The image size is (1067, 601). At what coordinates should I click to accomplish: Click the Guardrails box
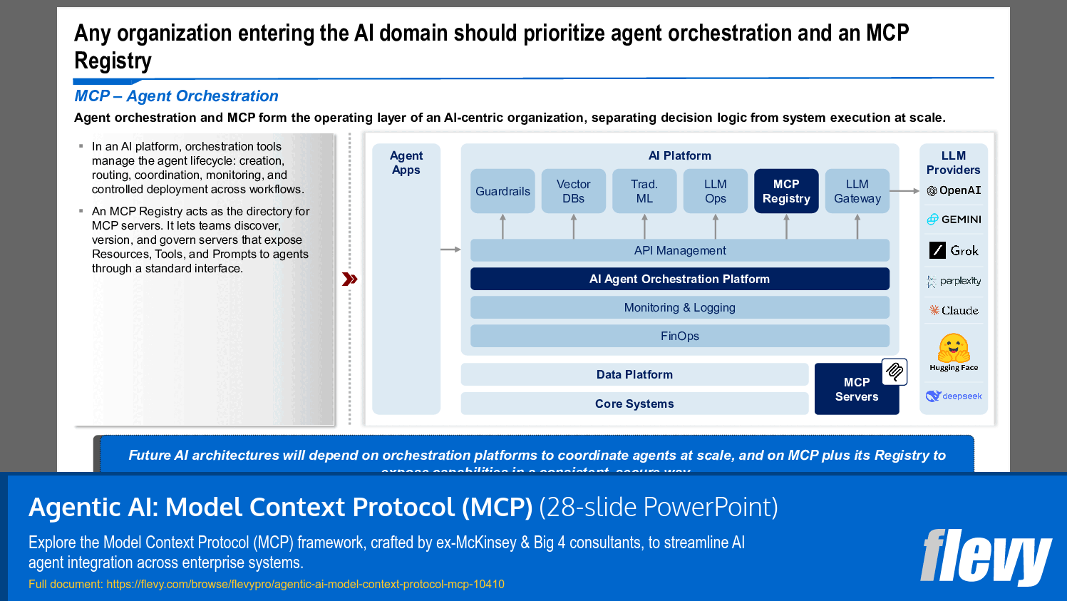502,191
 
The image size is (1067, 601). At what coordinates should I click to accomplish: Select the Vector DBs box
573,191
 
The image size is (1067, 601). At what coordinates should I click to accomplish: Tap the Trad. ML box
644,191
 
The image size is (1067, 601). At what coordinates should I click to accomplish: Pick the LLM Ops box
715,191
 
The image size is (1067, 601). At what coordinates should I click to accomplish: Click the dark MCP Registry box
786,191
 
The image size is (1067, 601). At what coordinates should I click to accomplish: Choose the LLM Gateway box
857,191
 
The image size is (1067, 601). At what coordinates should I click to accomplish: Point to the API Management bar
680,250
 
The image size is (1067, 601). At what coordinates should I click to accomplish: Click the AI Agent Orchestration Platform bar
680,279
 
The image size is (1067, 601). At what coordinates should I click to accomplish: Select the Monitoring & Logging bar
680,307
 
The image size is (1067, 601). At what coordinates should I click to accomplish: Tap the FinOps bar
680,336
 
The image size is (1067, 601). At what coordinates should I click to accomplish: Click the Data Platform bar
634,374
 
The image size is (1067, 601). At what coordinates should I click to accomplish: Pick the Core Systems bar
634,404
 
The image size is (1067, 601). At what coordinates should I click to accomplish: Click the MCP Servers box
856,390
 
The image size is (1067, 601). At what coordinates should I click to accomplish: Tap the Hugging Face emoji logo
954,349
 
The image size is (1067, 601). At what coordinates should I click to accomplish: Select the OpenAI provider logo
954,190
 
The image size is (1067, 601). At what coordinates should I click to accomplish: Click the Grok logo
954,250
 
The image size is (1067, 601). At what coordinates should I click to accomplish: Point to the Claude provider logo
954,310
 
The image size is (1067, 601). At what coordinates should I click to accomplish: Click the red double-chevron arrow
349,279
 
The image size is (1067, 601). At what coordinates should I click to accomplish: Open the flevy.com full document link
305,584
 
